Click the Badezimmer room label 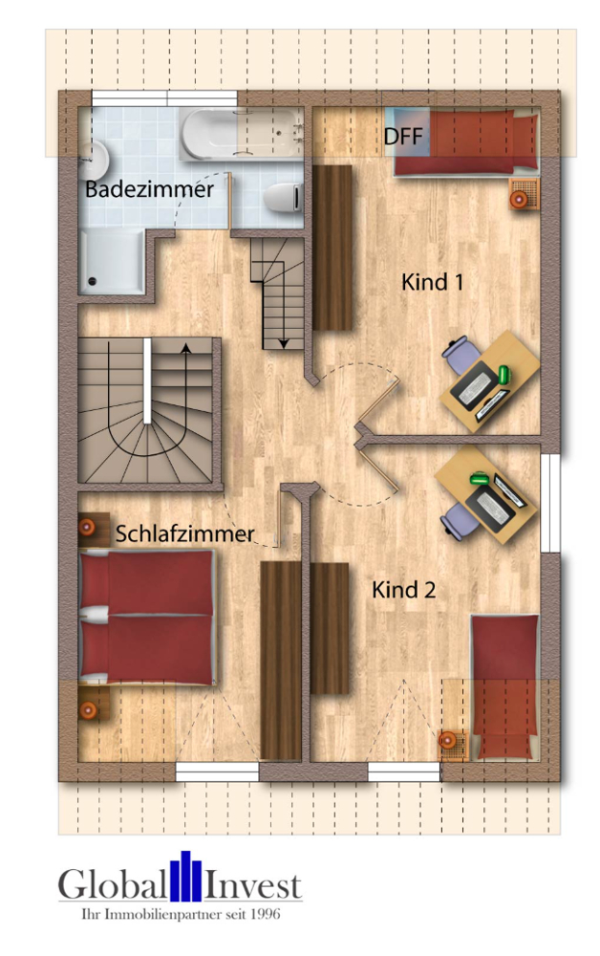pyautogui.click(x=149, y=189)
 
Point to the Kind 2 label pyautogui.click(x=404, y=590)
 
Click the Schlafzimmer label pyautogui.click(x=185, y=533)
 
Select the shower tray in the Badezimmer pyautogui.click(x=113, y=261)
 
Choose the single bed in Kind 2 pyautogui.click(x=504, y=684)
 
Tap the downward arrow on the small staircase pyautogui.click(x=284, y=340)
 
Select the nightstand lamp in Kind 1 pyautogui.click(x=520, y=199)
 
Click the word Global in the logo pyautogui.click(x=111, y=884)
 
